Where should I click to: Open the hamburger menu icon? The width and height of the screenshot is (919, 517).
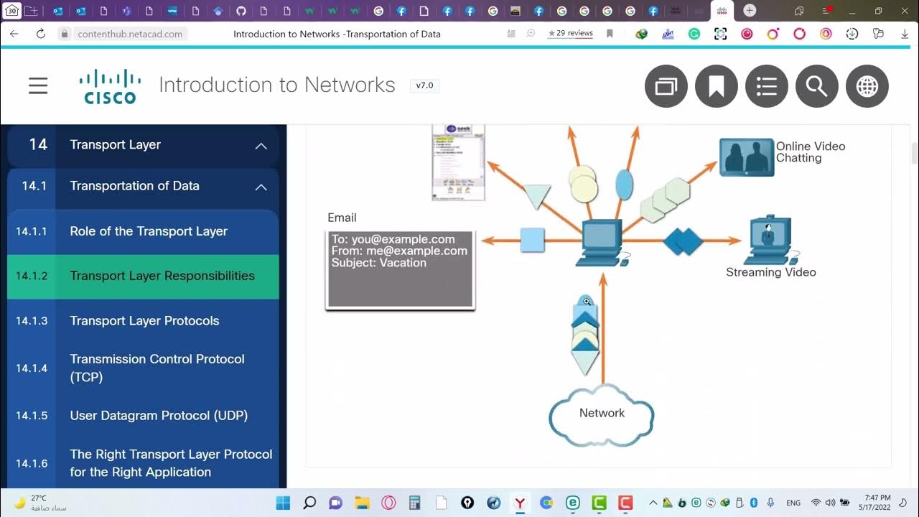point(38,86)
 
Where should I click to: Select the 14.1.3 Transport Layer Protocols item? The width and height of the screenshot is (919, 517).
point(144,321)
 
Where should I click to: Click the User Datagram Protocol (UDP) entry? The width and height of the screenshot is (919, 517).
point(158,416)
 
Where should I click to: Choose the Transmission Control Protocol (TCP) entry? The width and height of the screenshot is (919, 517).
point(157,368)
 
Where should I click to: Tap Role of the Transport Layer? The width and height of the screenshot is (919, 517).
point(148,231)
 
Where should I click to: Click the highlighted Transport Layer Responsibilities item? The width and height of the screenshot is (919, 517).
point(162,276)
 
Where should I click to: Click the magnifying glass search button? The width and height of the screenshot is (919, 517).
point(816,86)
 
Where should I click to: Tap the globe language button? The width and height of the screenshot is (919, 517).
point(867,86)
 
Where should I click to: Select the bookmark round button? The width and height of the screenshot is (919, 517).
point(716,86)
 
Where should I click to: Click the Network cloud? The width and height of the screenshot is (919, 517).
point(602,414)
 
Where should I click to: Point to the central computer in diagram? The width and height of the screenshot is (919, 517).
point(602,243)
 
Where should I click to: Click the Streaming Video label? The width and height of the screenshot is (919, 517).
point(770,272)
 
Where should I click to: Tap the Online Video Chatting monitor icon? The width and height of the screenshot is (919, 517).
point(746,157)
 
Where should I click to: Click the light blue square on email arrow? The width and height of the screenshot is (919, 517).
point(532,240)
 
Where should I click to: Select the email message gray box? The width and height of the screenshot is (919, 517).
point(400,269)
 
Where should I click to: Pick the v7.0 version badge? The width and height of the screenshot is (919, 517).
point(424,85)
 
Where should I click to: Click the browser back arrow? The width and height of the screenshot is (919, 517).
point(14,34)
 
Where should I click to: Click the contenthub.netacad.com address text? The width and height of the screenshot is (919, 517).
point(130,34)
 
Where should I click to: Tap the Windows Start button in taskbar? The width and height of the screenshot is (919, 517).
point(283,503)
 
